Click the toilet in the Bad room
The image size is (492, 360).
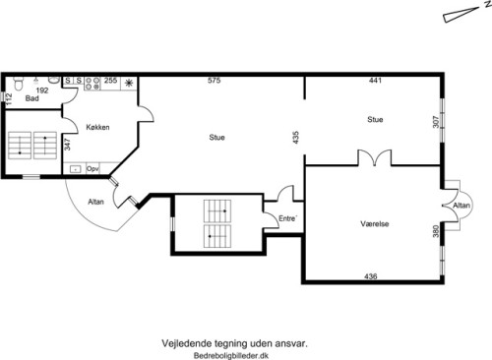pos(19,83)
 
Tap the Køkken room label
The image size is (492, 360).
pos(97,127)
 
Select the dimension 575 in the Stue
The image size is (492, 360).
pos(214,81)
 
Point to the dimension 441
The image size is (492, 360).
pos(375,81)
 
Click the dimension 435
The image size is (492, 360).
pos(296,138)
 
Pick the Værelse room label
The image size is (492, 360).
pos(375,224)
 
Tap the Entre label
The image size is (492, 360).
pos(287,218)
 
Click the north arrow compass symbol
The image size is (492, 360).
pos(461,15)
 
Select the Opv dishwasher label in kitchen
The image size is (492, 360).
pos(92,169)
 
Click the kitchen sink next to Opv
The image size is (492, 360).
pos(76,169)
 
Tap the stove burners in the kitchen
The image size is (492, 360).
pos(92,84)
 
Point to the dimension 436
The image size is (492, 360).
pos(371,276)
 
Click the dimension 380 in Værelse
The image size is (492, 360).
pos(436,231)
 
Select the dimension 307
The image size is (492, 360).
pos(436,122)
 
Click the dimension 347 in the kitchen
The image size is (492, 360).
pos(67,145)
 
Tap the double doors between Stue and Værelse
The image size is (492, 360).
pos(374,158)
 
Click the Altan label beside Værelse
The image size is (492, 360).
pos(461,206)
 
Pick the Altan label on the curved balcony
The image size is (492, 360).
pos(95,202)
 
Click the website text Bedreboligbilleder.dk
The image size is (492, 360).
pos(231,355)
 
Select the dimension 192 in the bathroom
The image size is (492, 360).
pos(42,90)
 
